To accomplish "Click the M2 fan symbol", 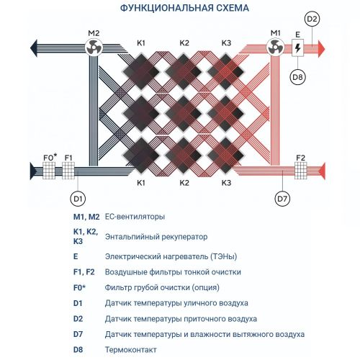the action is pos(94,47).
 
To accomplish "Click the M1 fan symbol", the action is pos(275,47).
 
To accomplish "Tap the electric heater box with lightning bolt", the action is pos(297,48).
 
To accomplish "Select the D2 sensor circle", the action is pos(312,19).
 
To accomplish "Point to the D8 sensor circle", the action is pos(297,77).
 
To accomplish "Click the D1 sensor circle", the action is pos(78,199).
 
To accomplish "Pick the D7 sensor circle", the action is pos(282,199).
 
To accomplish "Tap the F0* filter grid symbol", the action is pos(49,171).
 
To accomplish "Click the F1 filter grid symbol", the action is pos(68,171).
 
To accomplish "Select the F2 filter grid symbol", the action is pos(301,171).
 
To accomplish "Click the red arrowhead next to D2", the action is pos(321,49).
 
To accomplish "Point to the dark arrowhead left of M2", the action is pos(34,48).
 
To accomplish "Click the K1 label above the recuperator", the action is pos(141,43).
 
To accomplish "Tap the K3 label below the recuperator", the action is pos(226,183).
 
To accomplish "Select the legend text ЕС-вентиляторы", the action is pos(135,217).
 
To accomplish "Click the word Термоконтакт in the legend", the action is pos(131,350).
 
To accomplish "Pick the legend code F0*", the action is pos(79,287).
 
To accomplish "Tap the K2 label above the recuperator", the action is pos(184,43).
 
